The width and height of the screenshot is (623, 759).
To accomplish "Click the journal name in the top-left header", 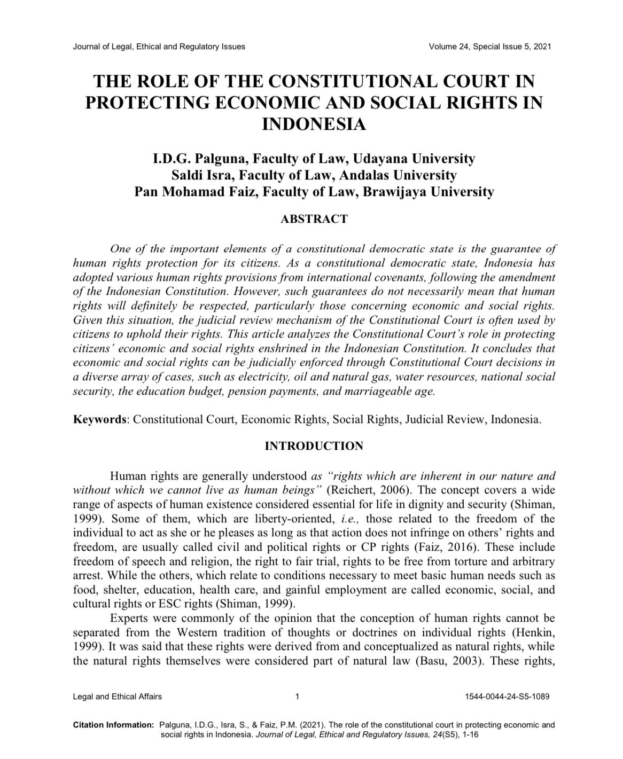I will tap(159, 46).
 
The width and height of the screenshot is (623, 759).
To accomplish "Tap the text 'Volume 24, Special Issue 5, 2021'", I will tap(489, 46).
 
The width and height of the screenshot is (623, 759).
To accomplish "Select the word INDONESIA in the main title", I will tap(314, 124).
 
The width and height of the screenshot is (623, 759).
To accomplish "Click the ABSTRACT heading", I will tap(314, 219).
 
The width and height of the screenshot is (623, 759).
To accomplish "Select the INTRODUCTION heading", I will tap(314, 446).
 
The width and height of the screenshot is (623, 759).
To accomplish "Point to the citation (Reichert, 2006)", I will tap(368, 490).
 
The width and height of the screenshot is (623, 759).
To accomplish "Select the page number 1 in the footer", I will tap(297, 697).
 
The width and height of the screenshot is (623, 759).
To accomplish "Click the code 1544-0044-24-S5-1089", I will tap(508, 697).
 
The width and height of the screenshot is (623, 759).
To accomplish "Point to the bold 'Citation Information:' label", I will tap(113, 725).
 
